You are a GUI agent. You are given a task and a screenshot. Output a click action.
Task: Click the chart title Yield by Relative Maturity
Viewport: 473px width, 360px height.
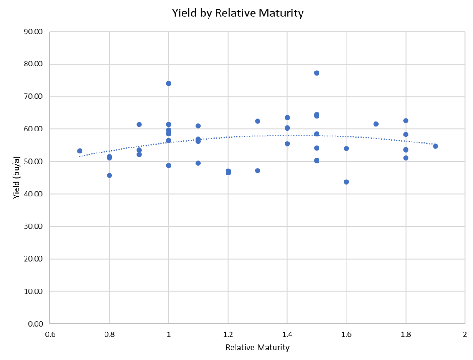click(237, 13)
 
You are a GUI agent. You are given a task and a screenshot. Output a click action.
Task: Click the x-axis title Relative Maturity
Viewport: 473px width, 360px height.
click(258, 348)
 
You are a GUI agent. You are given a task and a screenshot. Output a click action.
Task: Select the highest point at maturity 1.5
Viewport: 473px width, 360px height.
click(317, 73)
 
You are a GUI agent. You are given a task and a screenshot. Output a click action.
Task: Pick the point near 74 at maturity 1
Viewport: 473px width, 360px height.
click(169, 83)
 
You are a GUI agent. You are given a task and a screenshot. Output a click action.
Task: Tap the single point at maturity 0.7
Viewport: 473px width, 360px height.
click(80, 151)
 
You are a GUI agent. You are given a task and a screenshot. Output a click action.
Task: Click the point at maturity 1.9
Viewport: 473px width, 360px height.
click(435, 146)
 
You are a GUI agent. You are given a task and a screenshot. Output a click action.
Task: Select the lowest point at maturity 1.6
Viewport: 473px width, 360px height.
click(346, 182)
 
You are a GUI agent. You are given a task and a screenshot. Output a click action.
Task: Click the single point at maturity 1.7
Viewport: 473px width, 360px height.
click(376, 124)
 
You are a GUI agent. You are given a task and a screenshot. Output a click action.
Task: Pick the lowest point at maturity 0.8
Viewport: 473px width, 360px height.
click(110, 175)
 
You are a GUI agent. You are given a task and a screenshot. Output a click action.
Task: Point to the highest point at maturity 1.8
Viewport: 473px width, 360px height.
click(406, 120)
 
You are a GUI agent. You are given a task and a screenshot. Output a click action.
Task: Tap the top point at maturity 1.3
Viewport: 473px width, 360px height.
click(258, 121)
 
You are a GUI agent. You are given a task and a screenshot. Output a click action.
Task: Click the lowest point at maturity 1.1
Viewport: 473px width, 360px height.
click(198, 163)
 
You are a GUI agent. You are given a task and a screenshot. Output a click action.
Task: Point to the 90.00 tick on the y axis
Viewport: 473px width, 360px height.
click(32, 32)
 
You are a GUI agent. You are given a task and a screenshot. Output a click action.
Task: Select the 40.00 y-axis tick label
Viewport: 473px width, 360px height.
click(32, 194)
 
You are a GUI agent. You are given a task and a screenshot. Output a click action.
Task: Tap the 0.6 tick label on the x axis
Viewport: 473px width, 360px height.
click(50, 334)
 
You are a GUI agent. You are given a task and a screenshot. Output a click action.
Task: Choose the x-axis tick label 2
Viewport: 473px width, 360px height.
click(465, 334)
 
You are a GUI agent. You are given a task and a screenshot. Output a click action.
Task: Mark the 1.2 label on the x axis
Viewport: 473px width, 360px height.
click(228, 334)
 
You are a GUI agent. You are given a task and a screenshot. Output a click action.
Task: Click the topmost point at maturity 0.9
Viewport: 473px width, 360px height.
click(139, 125)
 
